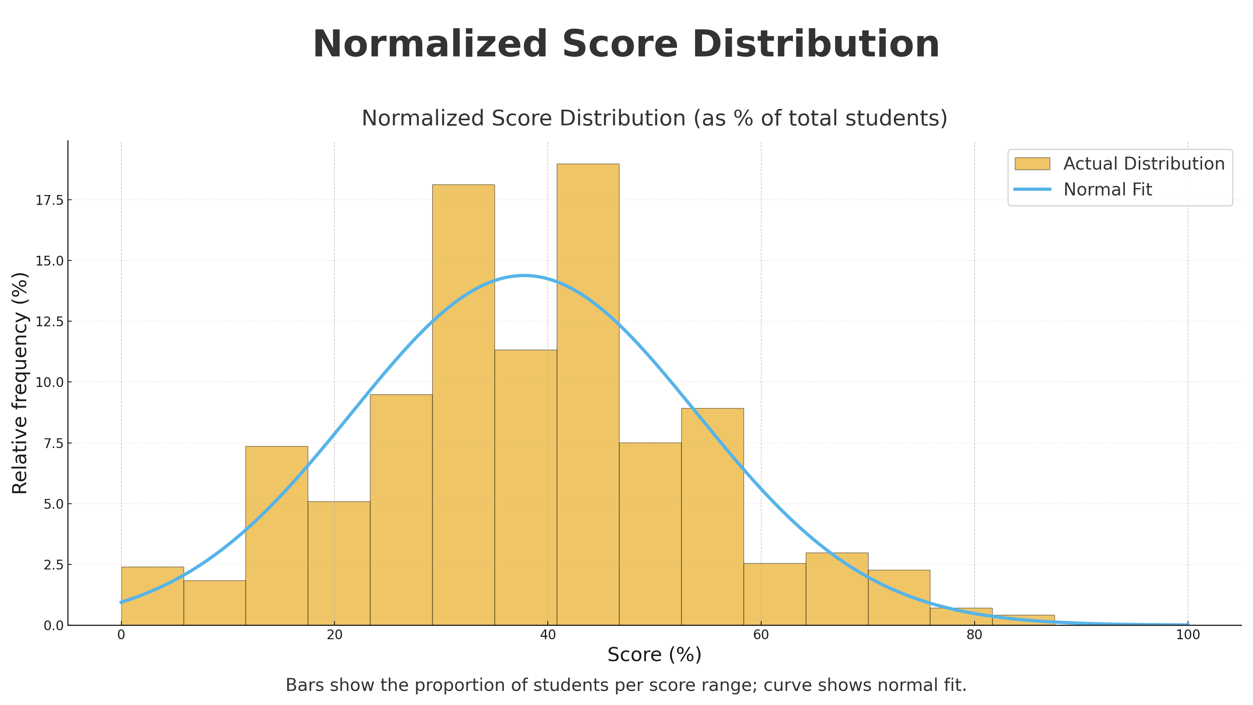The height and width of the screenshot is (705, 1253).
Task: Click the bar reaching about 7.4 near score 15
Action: (x=276, y=535)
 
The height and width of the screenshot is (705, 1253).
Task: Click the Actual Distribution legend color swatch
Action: (x=1032, y=163)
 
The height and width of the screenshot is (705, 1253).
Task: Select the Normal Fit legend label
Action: (x=1108, y=189)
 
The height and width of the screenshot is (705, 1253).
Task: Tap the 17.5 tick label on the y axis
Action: (x=50, y=200)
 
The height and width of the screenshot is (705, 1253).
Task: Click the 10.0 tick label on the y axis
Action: (x=50, y=382)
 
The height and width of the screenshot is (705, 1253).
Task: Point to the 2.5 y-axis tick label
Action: (x=54, y=565)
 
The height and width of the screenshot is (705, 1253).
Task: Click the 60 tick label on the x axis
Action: (x=761, y=635)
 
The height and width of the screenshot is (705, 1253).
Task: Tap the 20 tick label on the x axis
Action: (x=334, y=635)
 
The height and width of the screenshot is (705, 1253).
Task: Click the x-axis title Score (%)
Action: (x=654, y=655)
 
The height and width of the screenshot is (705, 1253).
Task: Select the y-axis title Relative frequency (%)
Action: (x=20, y=383)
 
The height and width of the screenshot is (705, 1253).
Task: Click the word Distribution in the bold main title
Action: (x=815, y=45)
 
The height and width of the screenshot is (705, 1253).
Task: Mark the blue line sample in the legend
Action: (x=1032, y=189)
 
